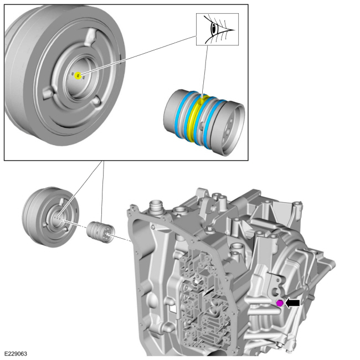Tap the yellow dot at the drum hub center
(x=78, y=75)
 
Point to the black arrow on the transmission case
(x=293, y=302)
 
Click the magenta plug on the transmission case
(x=280, y=302)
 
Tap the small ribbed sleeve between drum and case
(x=100, y=229)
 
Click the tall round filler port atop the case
(x=156, y=208)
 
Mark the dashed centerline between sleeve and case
(x=121, y=239)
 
